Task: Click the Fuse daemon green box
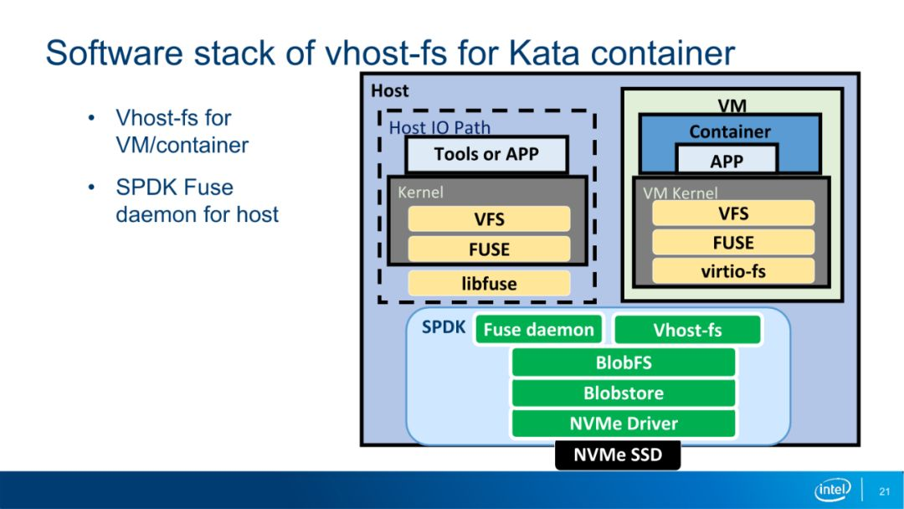(x=538, y=329)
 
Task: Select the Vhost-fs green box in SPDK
(x=687, y=330)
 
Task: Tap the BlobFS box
(x=624, y=362)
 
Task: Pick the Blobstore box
(x=624, y=393)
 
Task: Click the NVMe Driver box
(x=624, y=424)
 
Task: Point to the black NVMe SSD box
(x=618, y=455)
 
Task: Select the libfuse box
(x=489, y=284)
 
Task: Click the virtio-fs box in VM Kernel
(x=733, y=271)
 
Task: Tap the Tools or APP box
(x=486, y=155)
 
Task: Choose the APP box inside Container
(x=727, y=160)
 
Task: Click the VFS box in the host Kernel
(x=489, y=219)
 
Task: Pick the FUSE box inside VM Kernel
(x=733, y=242)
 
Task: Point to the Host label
(x=390, y=90)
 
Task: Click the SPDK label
(x=444, y=326)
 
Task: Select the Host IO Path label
(x=439, y=127)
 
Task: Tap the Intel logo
(x=833, y=490)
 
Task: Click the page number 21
(x=885, y=491)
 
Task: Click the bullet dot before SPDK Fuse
(x=91, y=188)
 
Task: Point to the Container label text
(x=730, y=132)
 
